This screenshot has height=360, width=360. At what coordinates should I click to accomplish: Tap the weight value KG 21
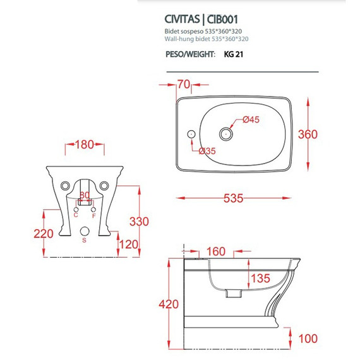tap(234, 54)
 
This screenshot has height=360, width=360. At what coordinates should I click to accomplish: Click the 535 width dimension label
tap(234, 198)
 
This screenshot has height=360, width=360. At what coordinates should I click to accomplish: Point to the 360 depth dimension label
tap(327, 134)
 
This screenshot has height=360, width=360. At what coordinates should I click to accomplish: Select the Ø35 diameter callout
tap(209, 150)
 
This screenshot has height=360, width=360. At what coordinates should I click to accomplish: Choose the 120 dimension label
tap(129, 244)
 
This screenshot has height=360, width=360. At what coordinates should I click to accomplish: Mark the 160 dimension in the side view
tap(215, 251)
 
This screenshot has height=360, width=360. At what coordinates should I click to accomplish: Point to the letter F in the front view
tap(94, 215)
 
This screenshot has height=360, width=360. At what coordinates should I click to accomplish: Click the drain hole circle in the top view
tap(227, 134)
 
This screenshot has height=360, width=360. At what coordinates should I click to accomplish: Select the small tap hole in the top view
tap(190, 135)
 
